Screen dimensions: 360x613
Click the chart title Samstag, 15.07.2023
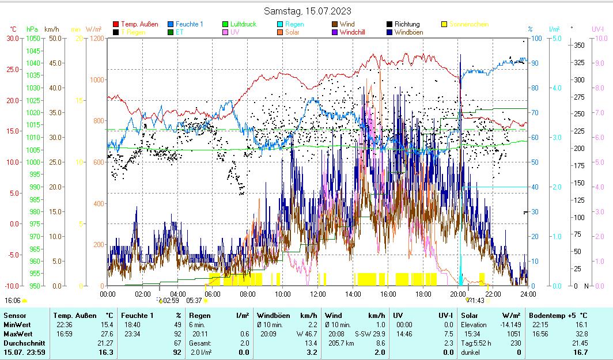coord(307,11)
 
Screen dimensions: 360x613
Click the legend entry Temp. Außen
coord(139,24)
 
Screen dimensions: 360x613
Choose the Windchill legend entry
coord(356,32)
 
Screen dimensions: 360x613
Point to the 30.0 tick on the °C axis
coord(12,38)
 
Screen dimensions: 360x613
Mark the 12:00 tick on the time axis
coord(318,294)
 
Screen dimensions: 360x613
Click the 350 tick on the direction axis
coord(579,45)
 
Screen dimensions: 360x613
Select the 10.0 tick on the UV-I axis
coord(600,38)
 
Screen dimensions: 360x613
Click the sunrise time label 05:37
coord(194,301)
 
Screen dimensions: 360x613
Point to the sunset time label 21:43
coord(476,301)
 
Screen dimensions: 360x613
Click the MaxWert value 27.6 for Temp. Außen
coord(107,334)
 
